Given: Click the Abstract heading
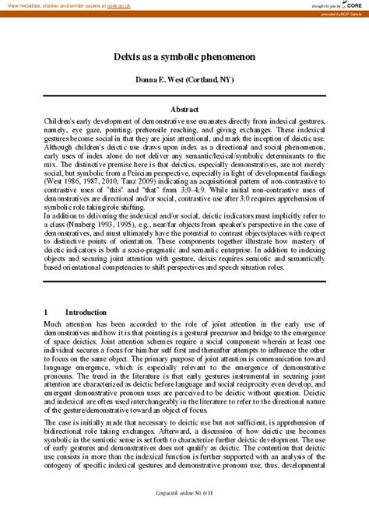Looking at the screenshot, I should click(x=184, y=110).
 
